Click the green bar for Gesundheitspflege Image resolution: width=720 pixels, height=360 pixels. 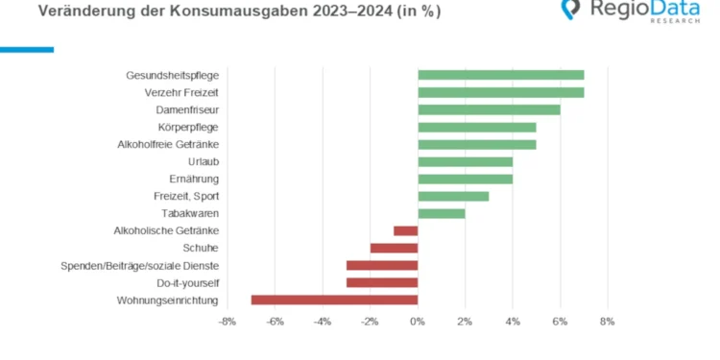tap(500, 75)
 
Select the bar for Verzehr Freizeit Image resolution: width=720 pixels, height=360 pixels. tap(500, 92)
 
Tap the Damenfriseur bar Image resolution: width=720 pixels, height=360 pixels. tap(489, 109)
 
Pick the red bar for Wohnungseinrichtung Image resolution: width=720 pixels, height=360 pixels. tap(334, 300)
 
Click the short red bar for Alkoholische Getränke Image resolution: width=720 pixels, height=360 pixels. tap(406, 230)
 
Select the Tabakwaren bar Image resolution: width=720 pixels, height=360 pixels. tap(442, 213)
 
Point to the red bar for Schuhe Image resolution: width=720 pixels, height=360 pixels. tap(394, 248)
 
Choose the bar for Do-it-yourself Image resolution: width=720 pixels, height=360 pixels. tap(382, 282)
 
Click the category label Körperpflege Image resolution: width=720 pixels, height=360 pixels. tap(188, 127)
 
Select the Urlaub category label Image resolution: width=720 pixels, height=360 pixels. tap(202, 161)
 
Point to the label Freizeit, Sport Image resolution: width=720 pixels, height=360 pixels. tap(186, 196)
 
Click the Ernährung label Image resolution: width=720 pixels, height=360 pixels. tap(194, 179)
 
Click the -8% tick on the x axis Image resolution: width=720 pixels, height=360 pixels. tap(227, 322)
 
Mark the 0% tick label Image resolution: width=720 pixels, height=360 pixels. tap(418, 322)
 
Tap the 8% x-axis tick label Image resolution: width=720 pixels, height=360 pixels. tap(607, 322)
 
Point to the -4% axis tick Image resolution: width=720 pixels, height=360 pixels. tap(322, 322)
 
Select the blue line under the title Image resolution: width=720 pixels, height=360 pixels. tap(27, 49)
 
